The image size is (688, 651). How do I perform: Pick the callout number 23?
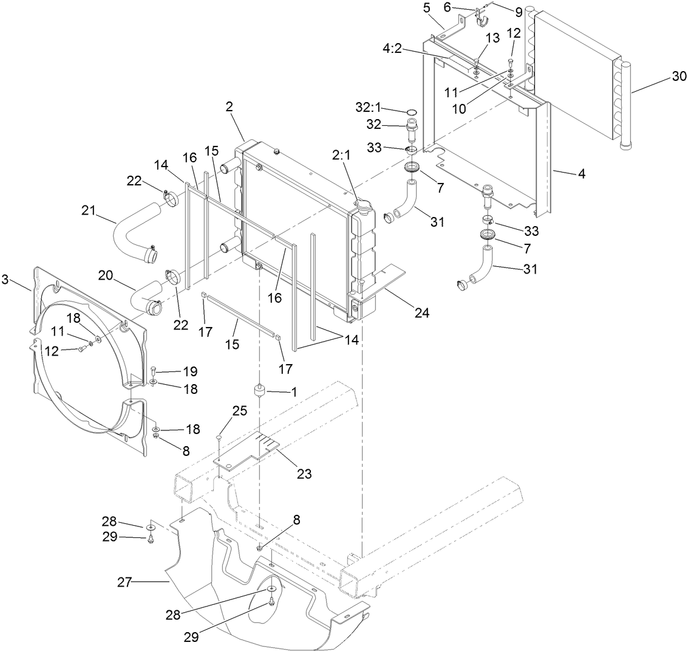point(304,473)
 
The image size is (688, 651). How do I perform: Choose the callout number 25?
point(239,412)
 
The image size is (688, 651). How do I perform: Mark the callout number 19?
point(191,371)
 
